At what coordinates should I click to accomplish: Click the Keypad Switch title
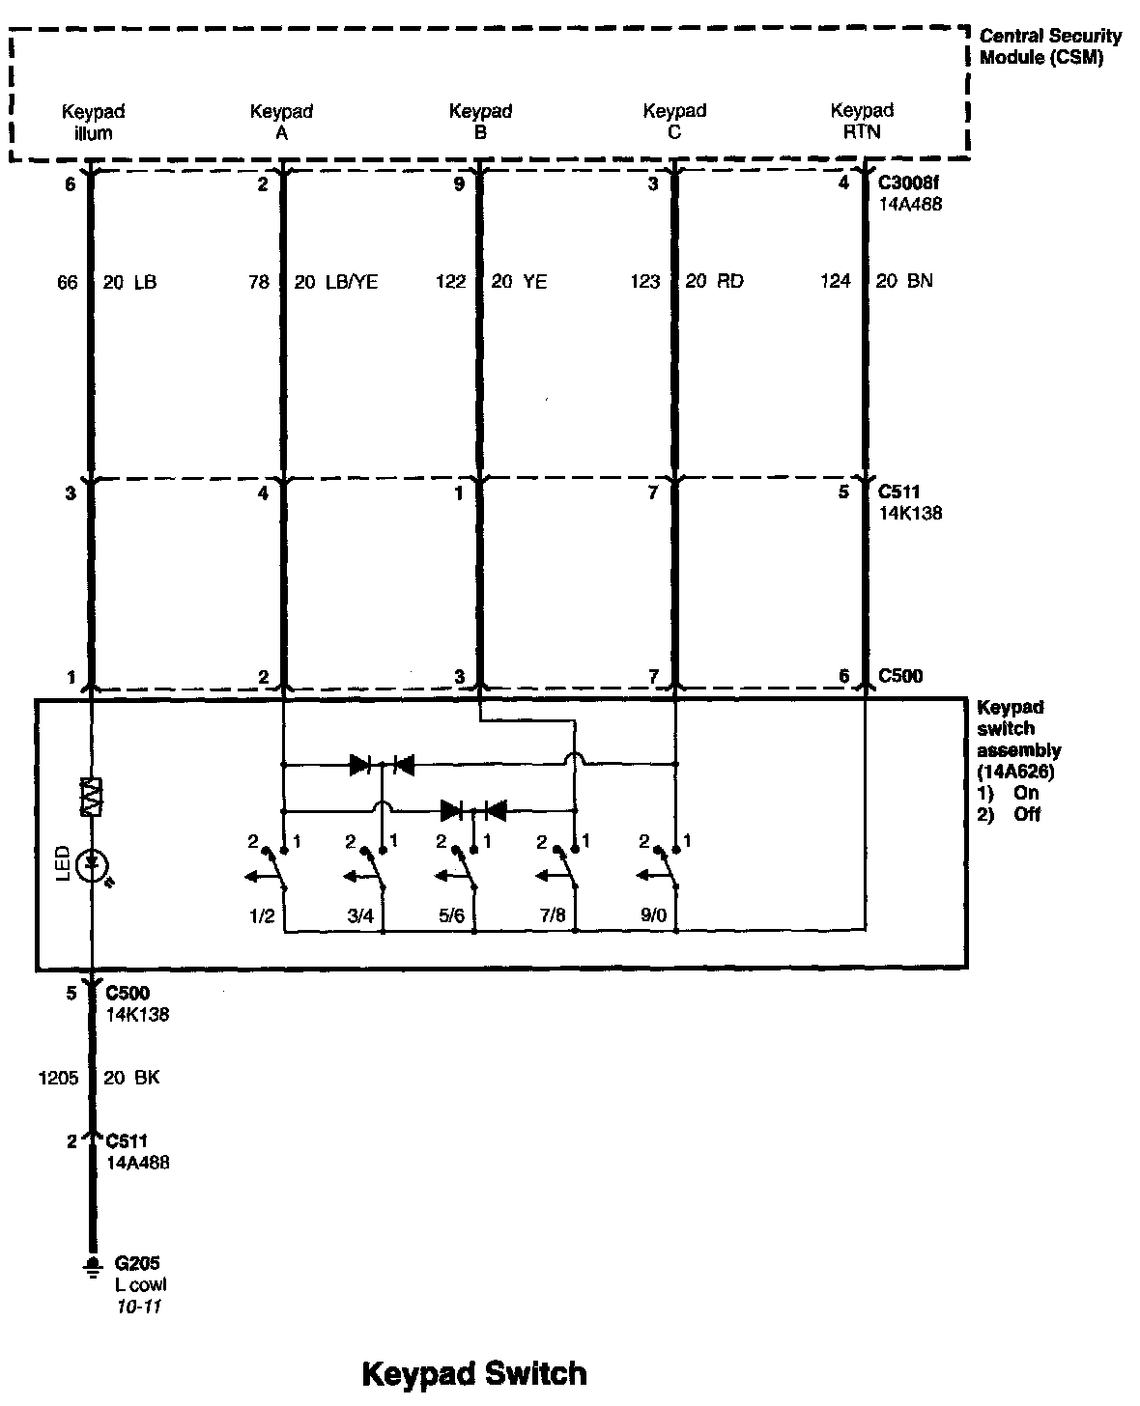click(473, 1373)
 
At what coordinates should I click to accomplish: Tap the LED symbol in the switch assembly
click(93, 864)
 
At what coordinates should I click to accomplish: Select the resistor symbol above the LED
click(93, 798)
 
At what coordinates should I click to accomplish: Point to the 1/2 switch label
click(262, 914)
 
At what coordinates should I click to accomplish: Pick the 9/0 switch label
click(653, 914)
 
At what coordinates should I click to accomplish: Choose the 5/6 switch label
click(451, 914)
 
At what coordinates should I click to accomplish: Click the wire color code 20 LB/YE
click(336, 282)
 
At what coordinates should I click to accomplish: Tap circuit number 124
click(836, 281)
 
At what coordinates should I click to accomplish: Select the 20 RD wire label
click(714, 282)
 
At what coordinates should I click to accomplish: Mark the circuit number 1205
click(58, 1078)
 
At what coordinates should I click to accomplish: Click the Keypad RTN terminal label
click(862, 122)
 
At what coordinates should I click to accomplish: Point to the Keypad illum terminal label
click(94, 123)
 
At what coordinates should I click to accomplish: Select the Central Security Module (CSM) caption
click(1050, 46)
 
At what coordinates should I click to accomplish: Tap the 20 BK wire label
click(131, 1078)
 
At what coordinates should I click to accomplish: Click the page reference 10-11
click(138, 1307)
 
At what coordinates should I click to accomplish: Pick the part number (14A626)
click(1014, 772)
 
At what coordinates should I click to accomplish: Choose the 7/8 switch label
click(553, 914)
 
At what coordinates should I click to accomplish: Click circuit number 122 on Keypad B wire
click(450, 282)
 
